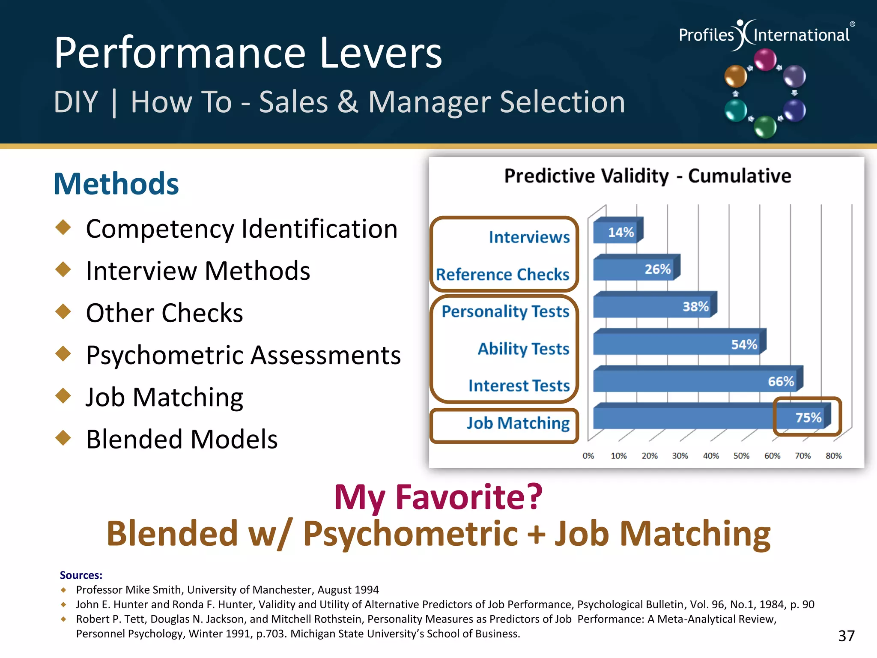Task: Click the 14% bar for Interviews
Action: tap(617, 232)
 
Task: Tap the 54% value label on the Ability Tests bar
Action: tap(744, 344)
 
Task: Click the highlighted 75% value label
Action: tap(808, 417)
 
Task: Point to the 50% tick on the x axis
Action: tap(741, 456)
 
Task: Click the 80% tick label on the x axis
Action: tap(833, 456)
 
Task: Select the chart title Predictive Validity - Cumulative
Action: tap(647, 176)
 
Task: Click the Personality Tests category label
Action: tap(505, 311)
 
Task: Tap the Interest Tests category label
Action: tap(519, 386)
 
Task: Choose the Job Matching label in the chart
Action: tap(518, 423)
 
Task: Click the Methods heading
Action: tap(116, 184)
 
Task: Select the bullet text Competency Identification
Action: tap(242, 229)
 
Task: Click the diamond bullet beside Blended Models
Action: tap(63, 438)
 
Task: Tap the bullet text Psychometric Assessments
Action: tap(243, 355)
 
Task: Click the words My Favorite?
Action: tap(438, 497)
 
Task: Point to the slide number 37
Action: tap(846, 636)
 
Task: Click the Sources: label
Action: tap(81, 575)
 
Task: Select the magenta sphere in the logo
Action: tap(765, 60)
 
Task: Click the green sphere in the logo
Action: tap(765, 127)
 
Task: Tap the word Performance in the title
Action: tap(179, 53)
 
